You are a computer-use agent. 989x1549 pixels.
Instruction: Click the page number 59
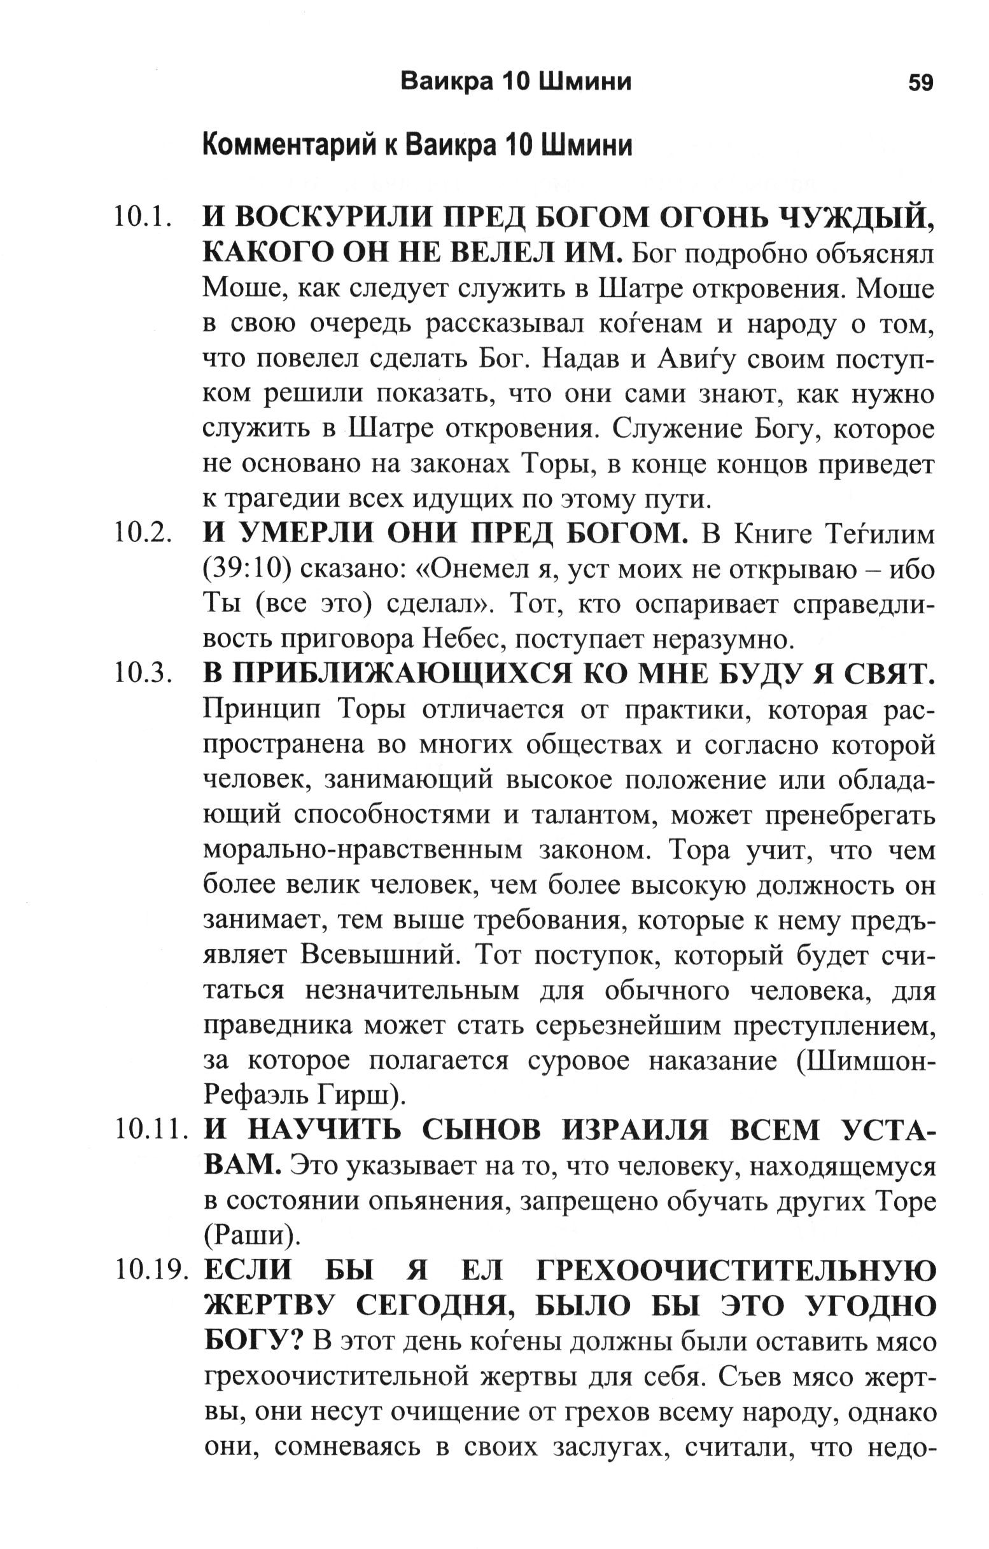pyautogui.click(x=920, y=83)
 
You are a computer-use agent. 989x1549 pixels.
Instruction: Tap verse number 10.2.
pyautogui.click(x=143, y=535)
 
